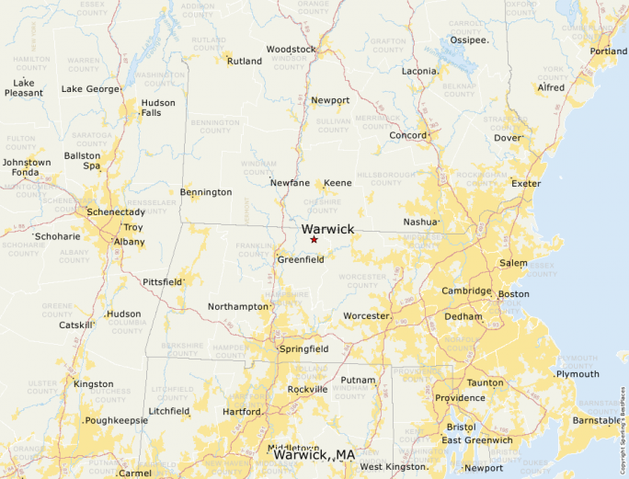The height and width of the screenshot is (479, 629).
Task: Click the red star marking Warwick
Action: click(314, 240)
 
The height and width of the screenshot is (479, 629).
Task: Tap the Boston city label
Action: click(513, 294)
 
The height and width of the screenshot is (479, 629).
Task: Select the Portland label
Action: click(609, 51)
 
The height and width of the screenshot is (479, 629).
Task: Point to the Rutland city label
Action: click(244, 62)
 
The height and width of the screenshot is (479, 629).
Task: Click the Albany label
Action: click(128, 242)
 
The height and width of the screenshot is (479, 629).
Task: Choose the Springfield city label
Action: click(304, 349)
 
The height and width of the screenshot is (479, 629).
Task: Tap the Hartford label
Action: click(242, 411)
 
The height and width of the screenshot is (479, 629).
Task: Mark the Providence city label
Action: click(460, 398)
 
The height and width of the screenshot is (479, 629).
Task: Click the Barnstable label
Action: click(597, 420)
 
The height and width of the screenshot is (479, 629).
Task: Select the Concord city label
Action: click(407, 136)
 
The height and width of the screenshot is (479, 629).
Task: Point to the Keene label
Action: click(337, 183)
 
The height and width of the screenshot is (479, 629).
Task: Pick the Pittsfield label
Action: click(163, 281)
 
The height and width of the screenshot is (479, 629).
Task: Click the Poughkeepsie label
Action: click(116, 420)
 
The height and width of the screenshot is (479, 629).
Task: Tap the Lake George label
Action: click(90, 89)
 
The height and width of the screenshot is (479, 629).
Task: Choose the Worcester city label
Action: click(366, 316)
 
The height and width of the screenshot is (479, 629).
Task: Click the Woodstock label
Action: click(291, 50)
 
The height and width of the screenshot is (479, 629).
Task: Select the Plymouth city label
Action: click(578, 374)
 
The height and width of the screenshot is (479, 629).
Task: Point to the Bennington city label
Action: click(206, 193)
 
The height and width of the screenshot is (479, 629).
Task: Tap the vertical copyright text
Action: click(623, 424)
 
